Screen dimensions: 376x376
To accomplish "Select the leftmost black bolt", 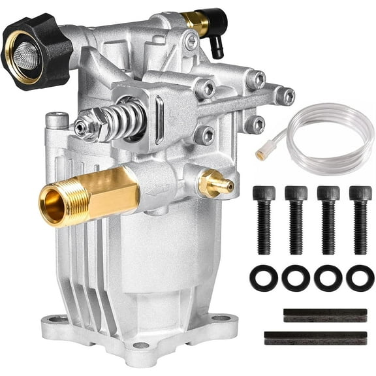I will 264,219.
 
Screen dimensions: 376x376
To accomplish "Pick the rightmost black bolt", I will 360,219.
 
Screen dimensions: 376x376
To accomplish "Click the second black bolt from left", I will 296,219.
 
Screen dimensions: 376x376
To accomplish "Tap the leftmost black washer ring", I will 264,277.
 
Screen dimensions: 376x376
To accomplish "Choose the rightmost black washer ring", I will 360,277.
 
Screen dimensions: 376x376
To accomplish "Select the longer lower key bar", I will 315,338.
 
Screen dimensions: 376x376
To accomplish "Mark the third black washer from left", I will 328,277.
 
